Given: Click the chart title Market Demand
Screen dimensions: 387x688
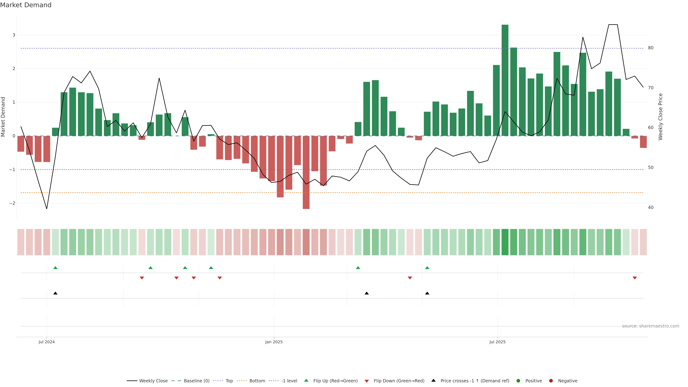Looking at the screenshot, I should (x=26, y=5).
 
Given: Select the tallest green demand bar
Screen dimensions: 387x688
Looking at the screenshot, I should (x=505, y=80).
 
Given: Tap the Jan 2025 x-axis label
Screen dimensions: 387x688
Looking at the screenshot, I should (x=274, y=342).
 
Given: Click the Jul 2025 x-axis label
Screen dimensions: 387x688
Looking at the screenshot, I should (x=497, y=342).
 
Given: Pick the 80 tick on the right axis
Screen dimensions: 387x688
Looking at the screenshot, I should (x=651, y=48).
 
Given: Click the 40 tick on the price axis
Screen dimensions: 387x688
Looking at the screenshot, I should (x=651, y=207).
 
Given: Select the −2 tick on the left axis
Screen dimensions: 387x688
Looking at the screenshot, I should (x=12, y=203).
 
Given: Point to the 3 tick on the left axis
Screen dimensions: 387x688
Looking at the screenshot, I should (x=14, y=35).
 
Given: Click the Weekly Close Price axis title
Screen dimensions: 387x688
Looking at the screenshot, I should (x=660, y=117).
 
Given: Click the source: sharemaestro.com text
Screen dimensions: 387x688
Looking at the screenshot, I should (x=650, y=326).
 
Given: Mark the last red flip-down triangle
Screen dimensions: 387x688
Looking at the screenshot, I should (x=635, y=278).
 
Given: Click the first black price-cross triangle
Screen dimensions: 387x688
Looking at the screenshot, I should (x=55, y=293).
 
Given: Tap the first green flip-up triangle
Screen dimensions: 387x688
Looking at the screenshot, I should (x=55, y=268).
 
